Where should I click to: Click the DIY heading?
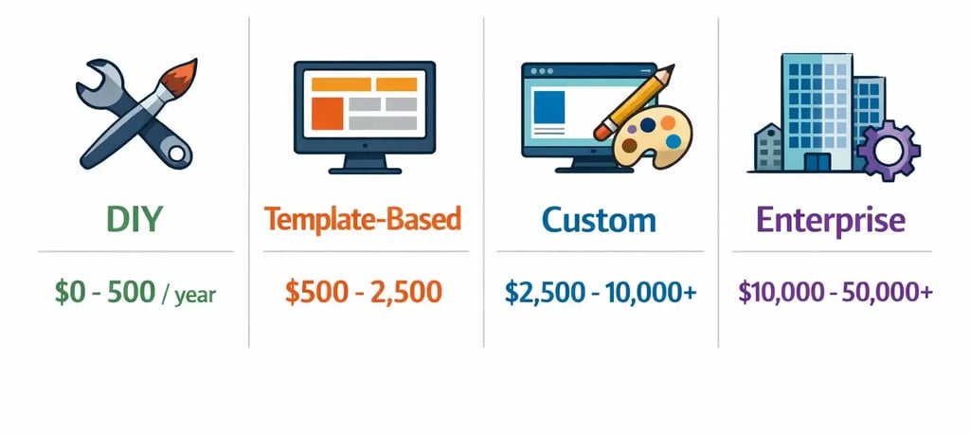[135, 220]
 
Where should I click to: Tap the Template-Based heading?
[363, 220]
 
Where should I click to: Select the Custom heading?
[599, 220]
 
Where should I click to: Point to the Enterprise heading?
[831, 220]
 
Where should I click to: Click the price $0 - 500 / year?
[135, 293]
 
